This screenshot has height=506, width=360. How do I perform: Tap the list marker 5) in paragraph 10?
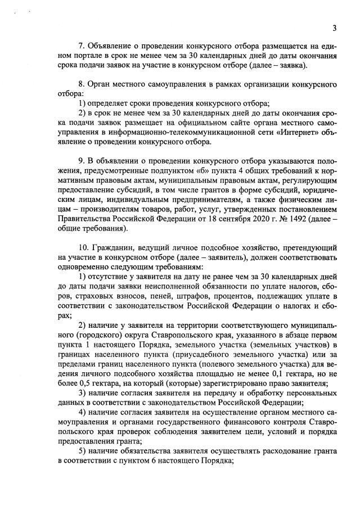83,452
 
